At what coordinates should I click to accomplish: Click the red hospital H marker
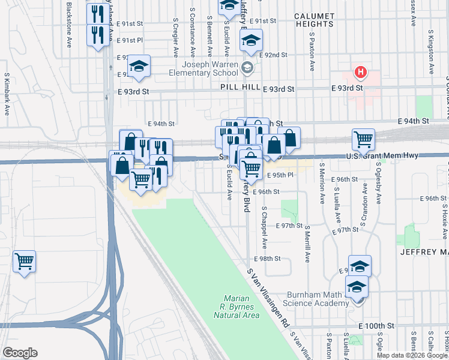(x=360, y=73)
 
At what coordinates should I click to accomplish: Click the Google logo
(x=20, y=353)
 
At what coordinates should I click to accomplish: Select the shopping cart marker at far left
(x=24, y=262)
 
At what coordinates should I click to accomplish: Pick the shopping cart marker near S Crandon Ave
(x=363, y=140)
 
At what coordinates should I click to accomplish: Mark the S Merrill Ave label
(x=307, y=244)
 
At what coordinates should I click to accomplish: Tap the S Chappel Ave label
(x=264, y=228)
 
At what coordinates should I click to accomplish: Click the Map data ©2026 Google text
(x=411, y=355)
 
